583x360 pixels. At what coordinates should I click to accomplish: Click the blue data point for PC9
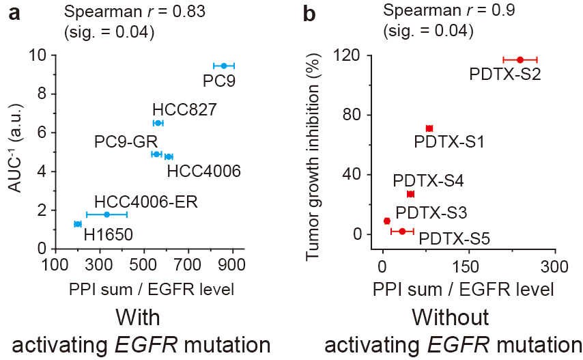(x=223, y=66)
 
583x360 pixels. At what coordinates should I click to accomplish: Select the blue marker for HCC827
(x=158, y=123)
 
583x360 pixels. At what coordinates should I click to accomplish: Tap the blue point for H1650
(x=77, y=224)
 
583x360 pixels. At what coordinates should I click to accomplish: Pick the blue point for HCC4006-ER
(x=106, y=214)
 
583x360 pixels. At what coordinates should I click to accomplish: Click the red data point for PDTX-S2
(x=520, y=60)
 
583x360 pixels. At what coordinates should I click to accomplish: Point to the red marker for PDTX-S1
(x=429, y=128)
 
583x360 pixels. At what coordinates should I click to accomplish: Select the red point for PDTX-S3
(x=387, y=221)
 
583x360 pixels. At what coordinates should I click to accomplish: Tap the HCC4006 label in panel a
(x=203, y=170)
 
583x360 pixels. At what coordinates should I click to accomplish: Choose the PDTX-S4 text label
(x=428, y=182)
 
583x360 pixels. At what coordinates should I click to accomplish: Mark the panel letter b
(x=309, y=14)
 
